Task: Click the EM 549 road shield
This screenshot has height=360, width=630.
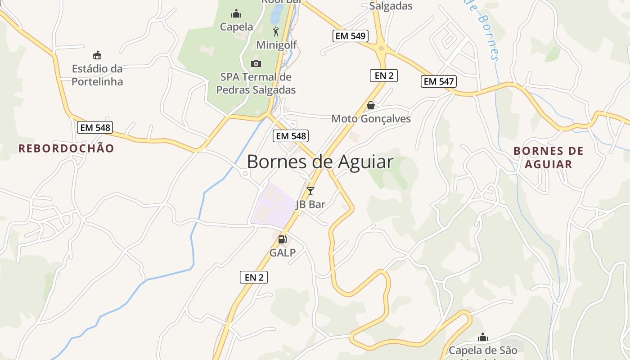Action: pos(351,36)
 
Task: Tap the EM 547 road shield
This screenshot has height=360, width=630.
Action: pos(439,81)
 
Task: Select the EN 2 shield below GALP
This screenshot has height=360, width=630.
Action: pos(254,277)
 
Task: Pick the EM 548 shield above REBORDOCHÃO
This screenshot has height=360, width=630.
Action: pos(94,127)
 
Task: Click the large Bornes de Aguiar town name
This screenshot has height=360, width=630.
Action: pos(320,162)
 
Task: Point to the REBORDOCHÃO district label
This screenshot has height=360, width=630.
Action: pos(66,148)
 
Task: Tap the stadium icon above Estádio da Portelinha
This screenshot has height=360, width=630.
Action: pos(97,55)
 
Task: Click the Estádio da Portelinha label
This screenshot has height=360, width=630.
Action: pos(97,75)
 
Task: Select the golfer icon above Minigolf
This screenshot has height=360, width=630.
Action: pos(276,31)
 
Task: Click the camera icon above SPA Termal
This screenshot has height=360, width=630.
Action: pos(256,63)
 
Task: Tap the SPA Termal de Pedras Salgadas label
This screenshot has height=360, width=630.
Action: pos(256,83)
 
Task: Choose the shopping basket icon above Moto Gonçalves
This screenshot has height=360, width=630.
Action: pos(371,105)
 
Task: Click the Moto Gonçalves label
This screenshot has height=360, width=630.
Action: pos(371,119)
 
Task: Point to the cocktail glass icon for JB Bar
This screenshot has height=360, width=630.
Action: pos(310,191)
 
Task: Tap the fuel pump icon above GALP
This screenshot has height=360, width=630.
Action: pos(283,239)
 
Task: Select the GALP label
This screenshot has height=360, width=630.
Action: pos(283,253)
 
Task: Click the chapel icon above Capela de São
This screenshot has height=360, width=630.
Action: pos(483,337)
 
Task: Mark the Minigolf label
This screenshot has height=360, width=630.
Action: pos(276,45)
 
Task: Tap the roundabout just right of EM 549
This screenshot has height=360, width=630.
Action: pos(381,48)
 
